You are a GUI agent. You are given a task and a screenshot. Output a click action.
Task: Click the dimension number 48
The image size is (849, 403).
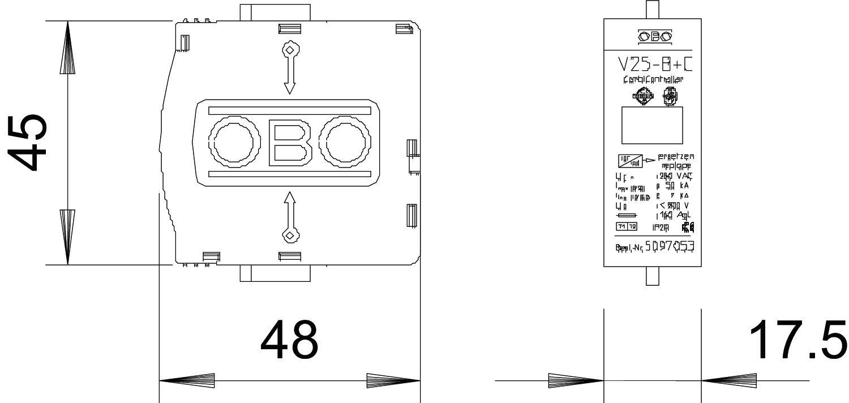(289, 340)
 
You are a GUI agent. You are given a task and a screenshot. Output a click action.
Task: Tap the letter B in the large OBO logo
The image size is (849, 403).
(290, 142)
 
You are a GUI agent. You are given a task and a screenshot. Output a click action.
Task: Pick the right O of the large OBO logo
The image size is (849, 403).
(344, 142)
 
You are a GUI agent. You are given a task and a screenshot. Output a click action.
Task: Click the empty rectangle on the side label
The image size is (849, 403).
(652, 125)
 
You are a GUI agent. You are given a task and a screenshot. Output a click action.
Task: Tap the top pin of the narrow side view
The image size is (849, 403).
(653, 9)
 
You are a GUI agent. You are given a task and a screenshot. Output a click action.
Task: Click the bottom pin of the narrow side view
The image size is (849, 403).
(653, 276)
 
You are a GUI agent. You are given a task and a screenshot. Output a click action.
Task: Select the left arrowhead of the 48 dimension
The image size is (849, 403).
(187, 380)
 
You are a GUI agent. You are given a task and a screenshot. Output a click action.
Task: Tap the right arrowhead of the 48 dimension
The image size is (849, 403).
(393, 380)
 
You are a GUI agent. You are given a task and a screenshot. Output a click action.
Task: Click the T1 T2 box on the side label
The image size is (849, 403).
(627, 226)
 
